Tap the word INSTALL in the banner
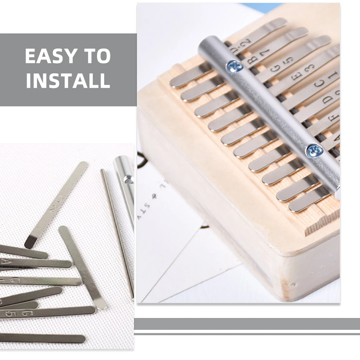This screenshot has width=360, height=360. pos(68,80)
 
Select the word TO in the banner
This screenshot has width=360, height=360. pos(98,56)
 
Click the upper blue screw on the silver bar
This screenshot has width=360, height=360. pos(234,66)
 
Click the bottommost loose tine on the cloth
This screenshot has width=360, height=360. pos(43,338)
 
